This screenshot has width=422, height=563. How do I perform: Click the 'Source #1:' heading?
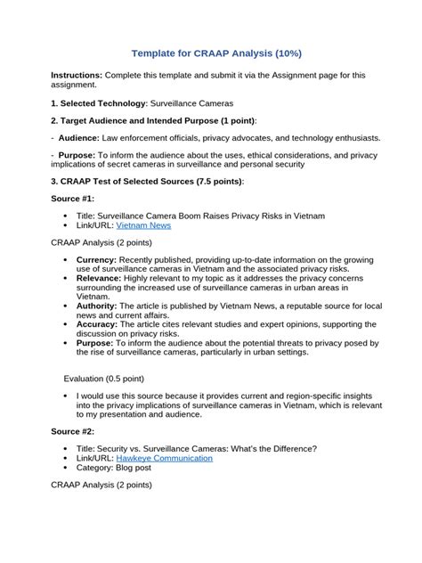tap(73, 199)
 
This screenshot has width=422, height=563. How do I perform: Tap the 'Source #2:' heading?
tap(73, 431)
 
